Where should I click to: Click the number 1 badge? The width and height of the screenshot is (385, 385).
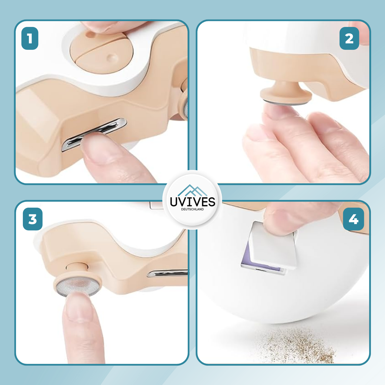[30, 38]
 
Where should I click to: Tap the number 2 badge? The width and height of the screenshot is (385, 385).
[349, 38]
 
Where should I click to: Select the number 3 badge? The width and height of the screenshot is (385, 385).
[33, 219]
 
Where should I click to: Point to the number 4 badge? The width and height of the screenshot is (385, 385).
[353, 219]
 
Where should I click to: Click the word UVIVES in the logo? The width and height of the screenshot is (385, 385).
[192, 202]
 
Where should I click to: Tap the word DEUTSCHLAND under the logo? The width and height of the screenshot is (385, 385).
[192, 209]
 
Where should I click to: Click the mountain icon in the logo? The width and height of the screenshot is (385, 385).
[192, 190]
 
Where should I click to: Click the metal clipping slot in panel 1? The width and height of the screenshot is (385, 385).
[94, 135]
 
